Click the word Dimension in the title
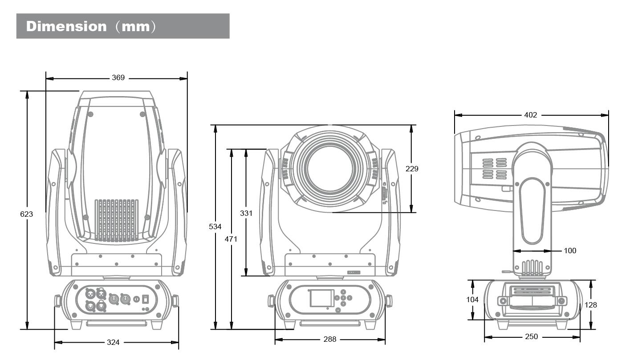click(66, 26)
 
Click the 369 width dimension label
click(118, 78)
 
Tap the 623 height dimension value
click(27, 214)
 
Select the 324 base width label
click(113, 342)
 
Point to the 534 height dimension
click(215, 227)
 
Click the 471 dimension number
click(231, 239)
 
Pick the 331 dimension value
click(246, 213)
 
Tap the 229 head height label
click(412, 169)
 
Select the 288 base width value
click(330, 339)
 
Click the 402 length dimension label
click(530, 115)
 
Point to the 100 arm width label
click(570, 251)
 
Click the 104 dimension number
click(472, 299)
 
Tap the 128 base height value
click(591, 305)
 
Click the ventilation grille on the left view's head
click(116, 220)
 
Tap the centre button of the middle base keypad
click(343, 298)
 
